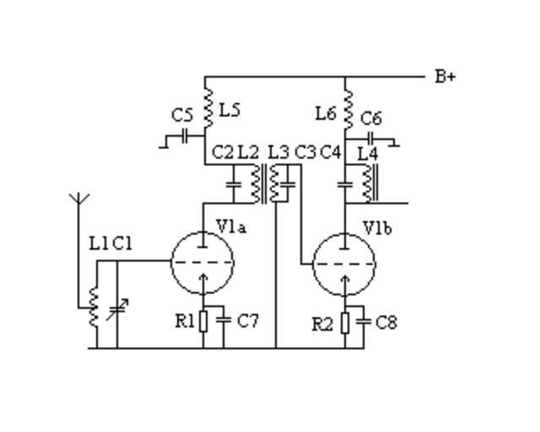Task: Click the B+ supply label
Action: (x=445, y=77)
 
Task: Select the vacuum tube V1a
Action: (x=202, y=262)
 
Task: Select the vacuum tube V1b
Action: (x=344, y=263)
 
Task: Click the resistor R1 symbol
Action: (x=203, y=321)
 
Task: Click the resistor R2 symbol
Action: (x=345, y=322)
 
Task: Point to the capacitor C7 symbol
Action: (x=224, y=320)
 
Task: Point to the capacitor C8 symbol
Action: (x=364, y=321)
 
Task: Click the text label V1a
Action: (x=231, y=226)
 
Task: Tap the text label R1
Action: (x=185, y=321)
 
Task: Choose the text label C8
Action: (x=386, y=322)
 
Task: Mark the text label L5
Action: (x=229, y=110)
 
